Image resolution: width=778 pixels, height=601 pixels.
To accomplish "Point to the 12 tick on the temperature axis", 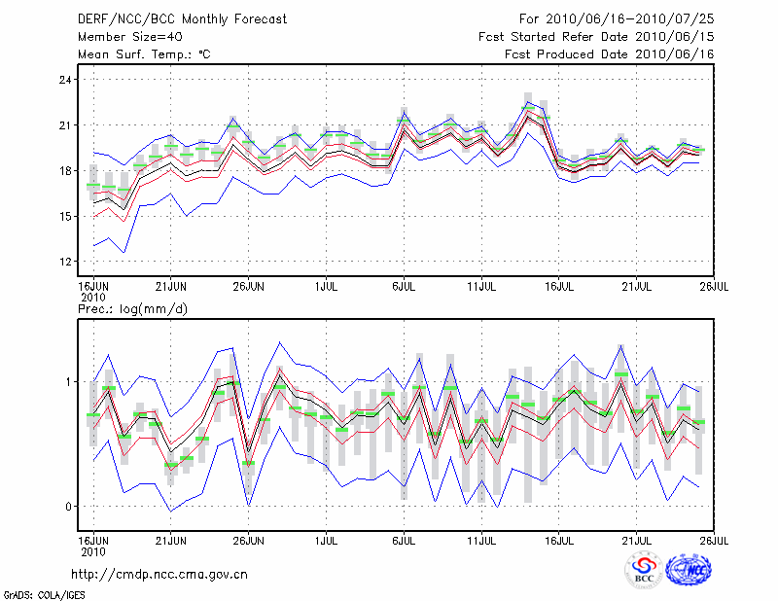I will [x=64, y=262].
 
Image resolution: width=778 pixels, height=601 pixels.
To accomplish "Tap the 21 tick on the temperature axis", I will [x=64, y=124].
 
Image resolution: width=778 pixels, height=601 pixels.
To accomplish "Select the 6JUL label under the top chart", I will [x=404, y=286].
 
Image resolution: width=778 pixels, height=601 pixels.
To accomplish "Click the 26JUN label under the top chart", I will [x=249, y=286].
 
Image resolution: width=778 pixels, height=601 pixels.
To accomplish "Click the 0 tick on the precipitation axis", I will [x=68, y=506].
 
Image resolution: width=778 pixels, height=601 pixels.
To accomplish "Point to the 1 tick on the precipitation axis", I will [x=68, y=381].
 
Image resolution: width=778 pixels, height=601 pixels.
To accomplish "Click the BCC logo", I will [x=643, y=572].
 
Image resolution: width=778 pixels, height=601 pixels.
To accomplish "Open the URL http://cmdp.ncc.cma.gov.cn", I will [x=173, y=574].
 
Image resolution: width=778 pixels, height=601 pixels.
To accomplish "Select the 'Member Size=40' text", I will [x=126, y=37].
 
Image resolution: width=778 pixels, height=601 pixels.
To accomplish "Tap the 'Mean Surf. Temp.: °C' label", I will [x=144, y=54].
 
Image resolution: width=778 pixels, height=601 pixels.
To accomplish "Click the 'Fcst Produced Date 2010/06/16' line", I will [x=609, y=54].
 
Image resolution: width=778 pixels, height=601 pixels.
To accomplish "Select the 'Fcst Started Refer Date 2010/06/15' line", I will [x=596, y=37].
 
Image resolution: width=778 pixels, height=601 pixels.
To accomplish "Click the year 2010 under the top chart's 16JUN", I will [x=92, y=296].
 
